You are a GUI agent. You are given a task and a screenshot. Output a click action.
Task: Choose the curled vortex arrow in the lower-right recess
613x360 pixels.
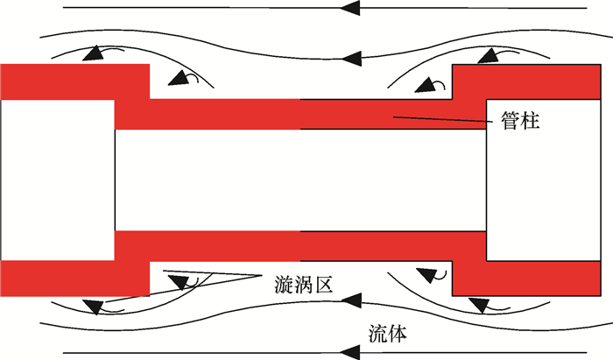click(429, 275)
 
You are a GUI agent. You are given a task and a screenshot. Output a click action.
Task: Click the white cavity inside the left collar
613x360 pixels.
click(57, 180)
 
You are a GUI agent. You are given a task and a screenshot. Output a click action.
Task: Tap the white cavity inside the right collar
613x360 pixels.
click(547, 180)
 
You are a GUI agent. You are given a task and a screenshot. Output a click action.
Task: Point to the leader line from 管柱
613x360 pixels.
click(438, 119)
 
